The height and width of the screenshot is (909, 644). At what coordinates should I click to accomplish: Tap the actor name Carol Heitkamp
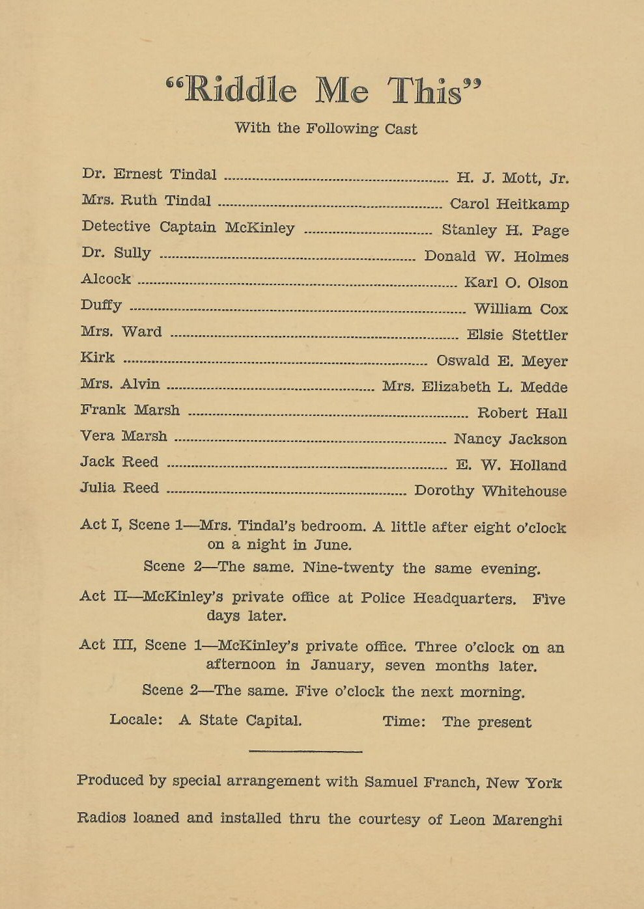[x=509, y=204]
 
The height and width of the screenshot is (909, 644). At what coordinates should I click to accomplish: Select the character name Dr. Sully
[x=116, y=253]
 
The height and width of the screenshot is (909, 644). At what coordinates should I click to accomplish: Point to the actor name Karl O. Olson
[x=516, y=283]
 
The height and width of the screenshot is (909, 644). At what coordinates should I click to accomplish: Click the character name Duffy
[x=101, y=305]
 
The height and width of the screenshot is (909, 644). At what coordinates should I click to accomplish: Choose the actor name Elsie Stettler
[x=517, y=335]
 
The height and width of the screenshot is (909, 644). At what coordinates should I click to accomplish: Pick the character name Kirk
[x=97, y=357]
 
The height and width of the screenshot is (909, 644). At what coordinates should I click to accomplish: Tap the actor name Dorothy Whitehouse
[x=490, y=491]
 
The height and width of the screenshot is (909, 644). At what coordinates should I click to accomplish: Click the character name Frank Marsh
[x=130, y=410]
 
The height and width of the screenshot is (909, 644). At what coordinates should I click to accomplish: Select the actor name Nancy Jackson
[x=510, y=439]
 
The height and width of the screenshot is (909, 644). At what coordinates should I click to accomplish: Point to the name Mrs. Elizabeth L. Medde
[x=475, y=387]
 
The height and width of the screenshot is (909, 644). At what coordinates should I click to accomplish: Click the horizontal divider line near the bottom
[x=305, y=752]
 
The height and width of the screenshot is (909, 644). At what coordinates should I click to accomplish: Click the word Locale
[x=135, y=720]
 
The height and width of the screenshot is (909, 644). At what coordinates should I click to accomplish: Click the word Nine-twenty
[x=348, y=567]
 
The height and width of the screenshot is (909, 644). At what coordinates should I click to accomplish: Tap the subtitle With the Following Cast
[x=326, y=128]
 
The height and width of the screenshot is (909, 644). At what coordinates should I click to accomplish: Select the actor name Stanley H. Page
[x=505, y=230]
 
